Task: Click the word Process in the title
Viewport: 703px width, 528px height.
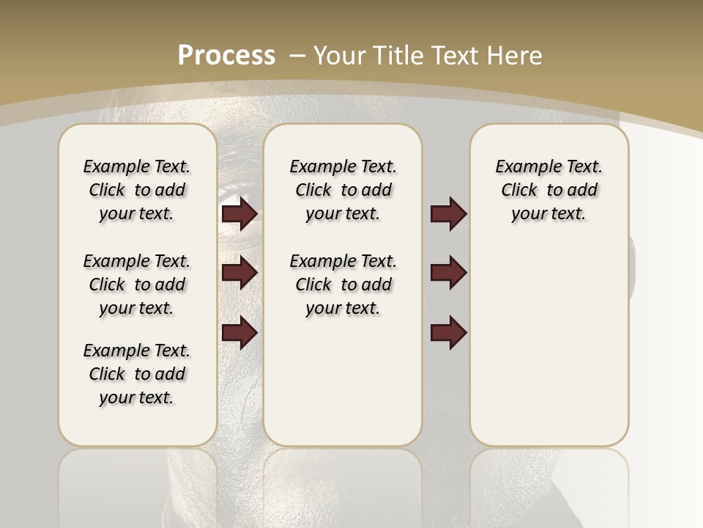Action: pos(226,55)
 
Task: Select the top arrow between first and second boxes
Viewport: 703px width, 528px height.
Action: pos(239,214)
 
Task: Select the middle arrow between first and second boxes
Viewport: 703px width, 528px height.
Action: pos(239,274)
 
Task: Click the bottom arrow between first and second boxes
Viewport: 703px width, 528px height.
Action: pos(239,334)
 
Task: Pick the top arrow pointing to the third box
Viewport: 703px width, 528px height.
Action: pos(448,214)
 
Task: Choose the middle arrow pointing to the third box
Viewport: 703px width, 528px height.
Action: pos(448,274)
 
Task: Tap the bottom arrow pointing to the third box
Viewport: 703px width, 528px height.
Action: pos(448,334)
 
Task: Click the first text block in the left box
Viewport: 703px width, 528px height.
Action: pos(137,190)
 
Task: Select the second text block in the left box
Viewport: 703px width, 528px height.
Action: pos(137,285)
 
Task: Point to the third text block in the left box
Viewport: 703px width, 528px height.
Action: pos(137,374)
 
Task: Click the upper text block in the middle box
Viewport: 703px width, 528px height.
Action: pos(343,190)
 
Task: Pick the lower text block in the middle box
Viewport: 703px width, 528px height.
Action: pos(343,285)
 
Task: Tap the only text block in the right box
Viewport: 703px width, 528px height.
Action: pos(548,190)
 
